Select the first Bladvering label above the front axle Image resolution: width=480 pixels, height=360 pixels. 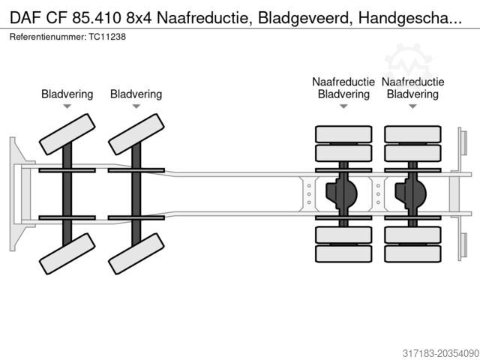pyautogui.click(x=67, y=94)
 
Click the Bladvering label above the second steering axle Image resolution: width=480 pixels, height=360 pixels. pyautogui.click(x=136, y=94)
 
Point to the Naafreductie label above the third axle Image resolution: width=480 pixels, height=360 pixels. pyautogui.click(x=343, y=82)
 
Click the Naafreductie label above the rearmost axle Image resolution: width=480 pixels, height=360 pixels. pyautogui.click(x=412, y=82)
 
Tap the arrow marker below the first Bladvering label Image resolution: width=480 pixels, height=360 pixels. pyautogui.click(x=67, y=106)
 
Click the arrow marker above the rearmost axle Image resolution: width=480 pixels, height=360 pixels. pyautogui.click(x=412, y=106)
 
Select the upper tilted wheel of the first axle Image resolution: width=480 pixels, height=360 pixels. pyautogui.click(x=67, y=134)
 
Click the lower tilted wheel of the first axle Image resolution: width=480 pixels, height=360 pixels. pyautogui.click(x=67, y=253)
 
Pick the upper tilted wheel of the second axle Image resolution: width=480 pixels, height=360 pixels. pyautogui.click(x=136, y=134)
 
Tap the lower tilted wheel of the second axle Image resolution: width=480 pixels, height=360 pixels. pyautogui.click(x=136, y=253)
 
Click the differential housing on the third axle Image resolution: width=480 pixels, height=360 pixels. pyautogui.click(x=340, y=193)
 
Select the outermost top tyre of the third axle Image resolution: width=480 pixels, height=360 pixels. pyautogui.click(x=343, y=134)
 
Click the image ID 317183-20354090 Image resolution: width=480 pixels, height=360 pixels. pyautogui.click(x=429, y=350)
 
